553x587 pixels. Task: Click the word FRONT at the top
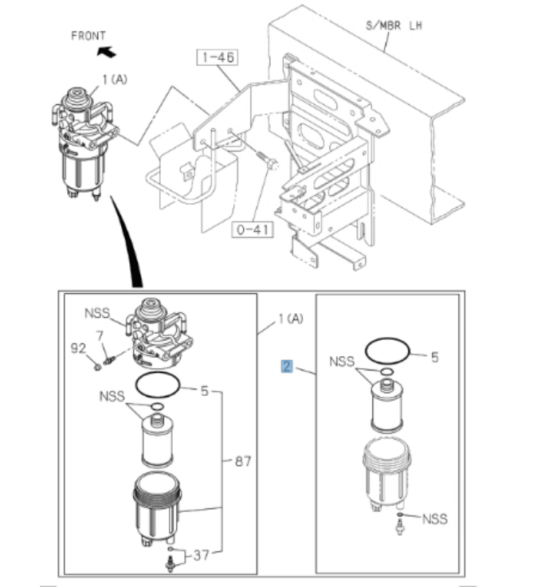88,36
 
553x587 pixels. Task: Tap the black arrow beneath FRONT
105,52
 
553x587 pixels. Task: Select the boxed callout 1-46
218,57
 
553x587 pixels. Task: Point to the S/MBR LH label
394,25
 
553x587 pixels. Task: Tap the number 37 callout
204,555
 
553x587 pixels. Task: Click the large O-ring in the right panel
388,349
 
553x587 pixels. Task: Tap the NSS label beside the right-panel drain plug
434,519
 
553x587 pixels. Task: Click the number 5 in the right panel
434,358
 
